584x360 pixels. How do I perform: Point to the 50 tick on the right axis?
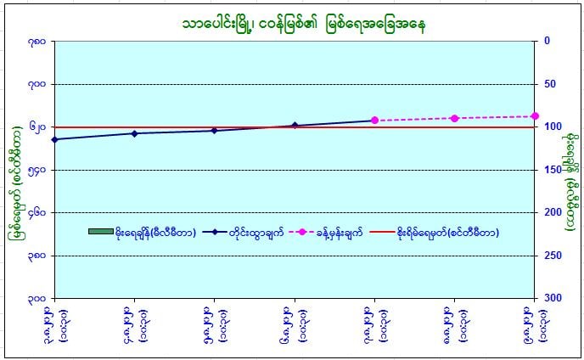pos(550,83)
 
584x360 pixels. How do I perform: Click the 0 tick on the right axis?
pos(547,40)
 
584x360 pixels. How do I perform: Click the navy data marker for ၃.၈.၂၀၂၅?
pos(54,139)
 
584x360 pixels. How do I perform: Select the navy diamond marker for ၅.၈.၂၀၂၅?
pos(214,131)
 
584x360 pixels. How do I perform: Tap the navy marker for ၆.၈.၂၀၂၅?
pos(295,126)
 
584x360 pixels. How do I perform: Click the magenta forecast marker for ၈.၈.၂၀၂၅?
pos(455,118)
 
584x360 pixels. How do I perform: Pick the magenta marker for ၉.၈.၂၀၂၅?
pos(535,116)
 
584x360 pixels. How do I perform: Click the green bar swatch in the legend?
pos(100,232)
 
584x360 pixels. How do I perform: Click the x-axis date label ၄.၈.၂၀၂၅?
pos(135,324)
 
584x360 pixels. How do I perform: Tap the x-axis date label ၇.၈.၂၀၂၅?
pos(374,324)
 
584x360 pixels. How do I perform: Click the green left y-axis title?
pos(15,181)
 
